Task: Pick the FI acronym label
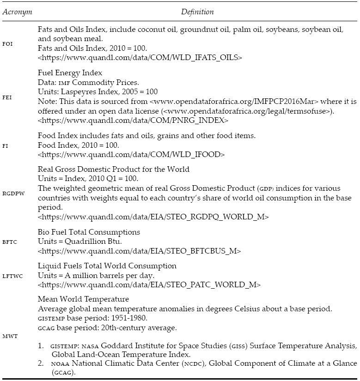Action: point(6,145)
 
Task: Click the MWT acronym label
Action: point(9,336)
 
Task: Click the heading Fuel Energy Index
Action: point(70,73)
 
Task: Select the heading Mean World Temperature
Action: point(83,299)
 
